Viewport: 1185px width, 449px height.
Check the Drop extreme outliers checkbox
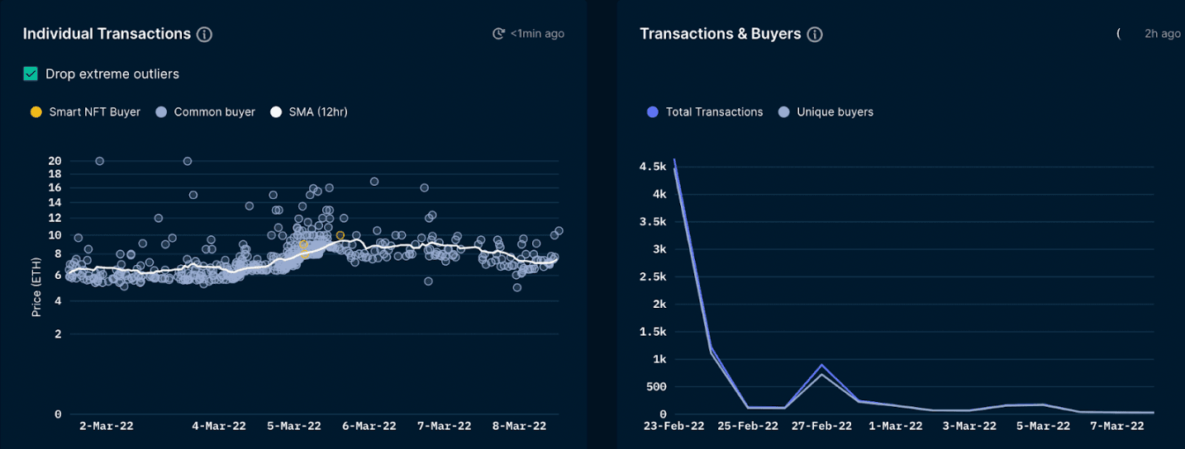coord(31,74)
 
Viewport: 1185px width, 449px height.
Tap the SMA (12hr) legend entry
coord(309,112)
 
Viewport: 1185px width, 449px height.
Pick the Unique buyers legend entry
coord(826,112)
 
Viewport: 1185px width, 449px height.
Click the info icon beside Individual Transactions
coord(204,35)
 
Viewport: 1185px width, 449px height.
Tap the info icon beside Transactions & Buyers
coord(815,35)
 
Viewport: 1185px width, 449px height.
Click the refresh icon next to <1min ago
coord(498,34)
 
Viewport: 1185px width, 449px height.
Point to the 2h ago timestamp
coord(1162,34)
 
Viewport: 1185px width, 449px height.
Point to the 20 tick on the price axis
coord(55,161)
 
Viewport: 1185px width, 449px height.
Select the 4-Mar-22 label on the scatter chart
coord(219,426)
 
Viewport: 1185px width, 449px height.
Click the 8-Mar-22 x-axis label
coord(519,426)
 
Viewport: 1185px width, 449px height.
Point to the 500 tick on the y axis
coord(656,387)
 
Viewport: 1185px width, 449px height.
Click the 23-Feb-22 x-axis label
coord(674,426)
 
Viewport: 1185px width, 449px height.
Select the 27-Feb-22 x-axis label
coord(821,426)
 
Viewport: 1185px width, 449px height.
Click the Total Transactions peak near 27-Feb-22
coord(821,365)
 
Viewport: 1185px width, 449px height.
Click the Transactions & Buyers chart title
coord(720,34)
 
